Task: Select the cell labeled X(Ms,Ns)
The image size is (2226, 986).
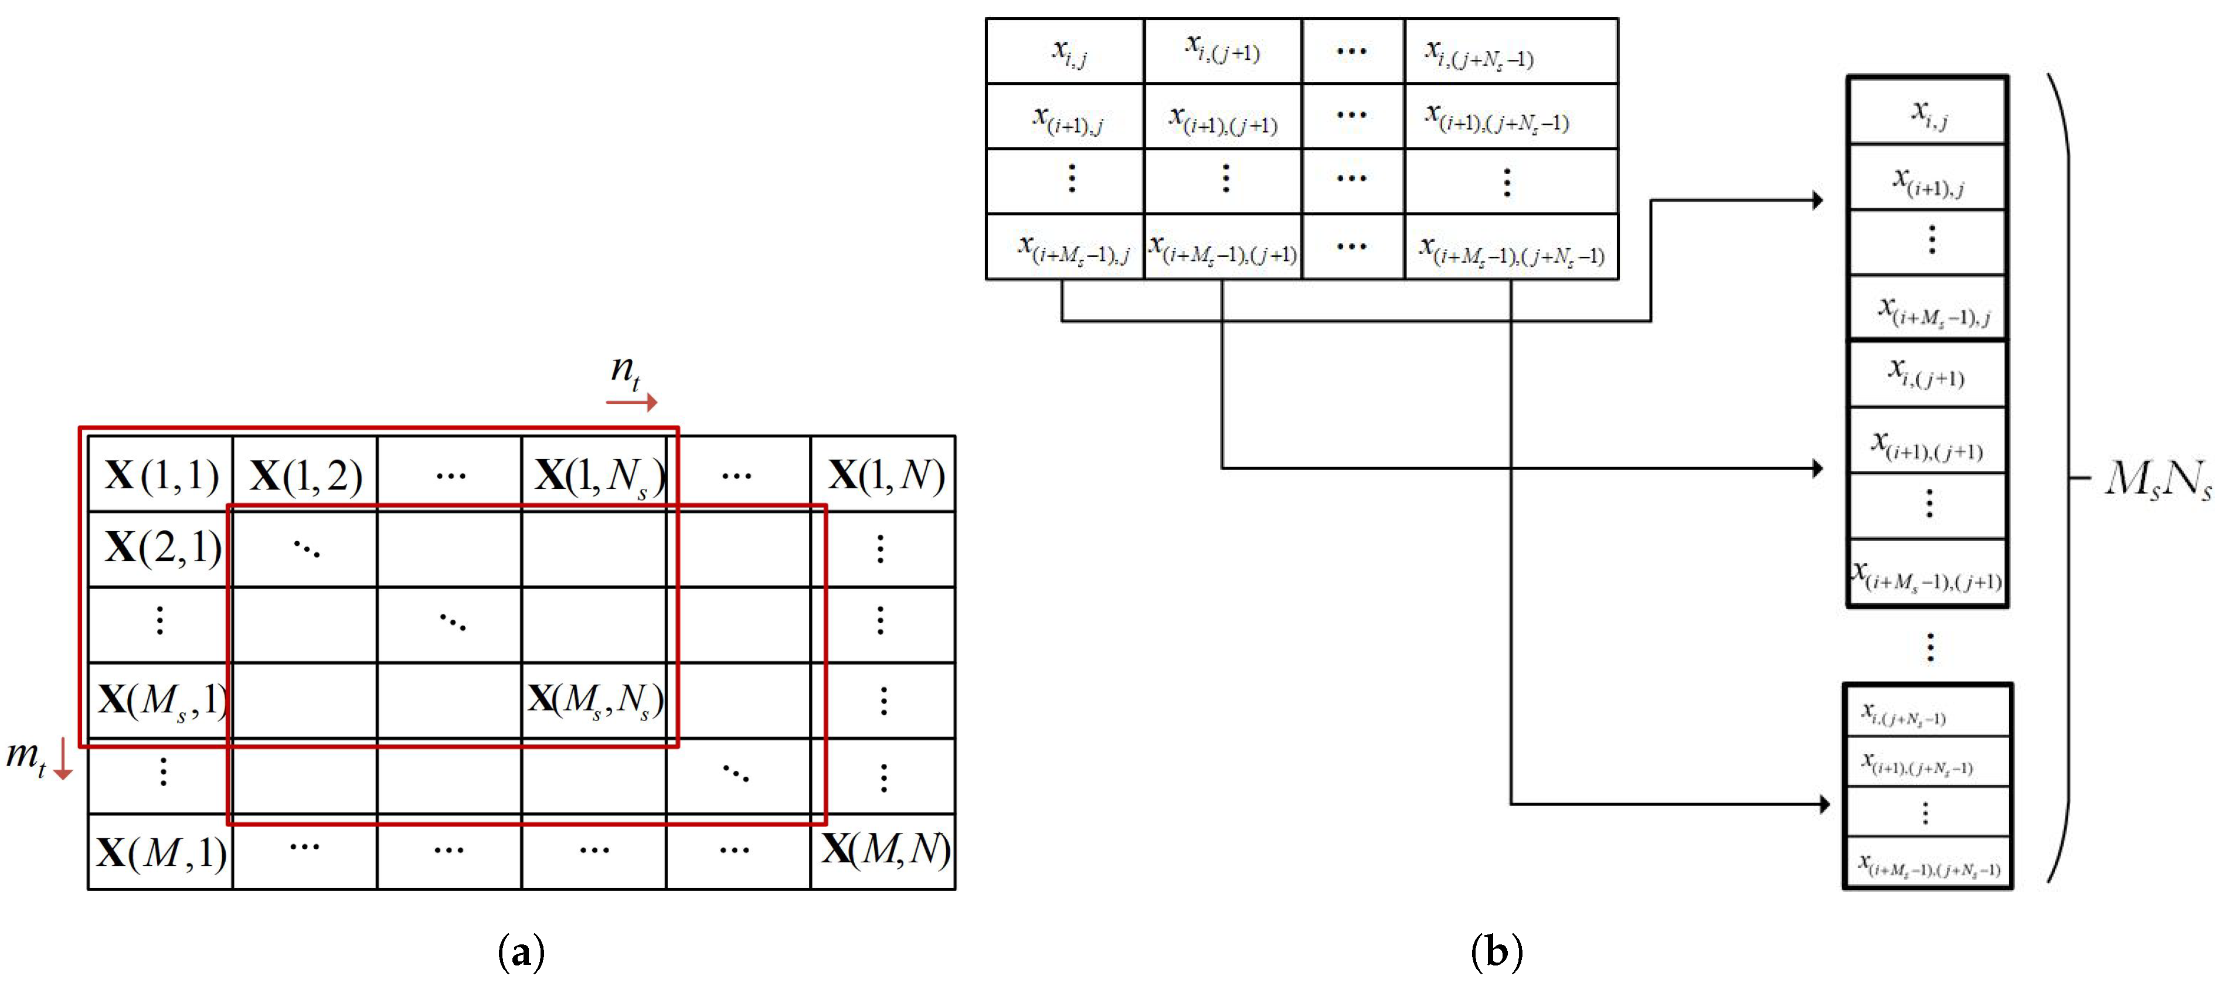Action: (596, 700)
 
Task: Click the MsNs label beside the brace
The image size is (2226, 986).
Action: (2158, 478)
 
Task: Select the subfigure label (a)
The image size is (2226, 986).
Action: (521, 953)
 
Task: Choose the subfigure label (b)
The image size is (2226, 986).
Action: (1496, 953)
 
